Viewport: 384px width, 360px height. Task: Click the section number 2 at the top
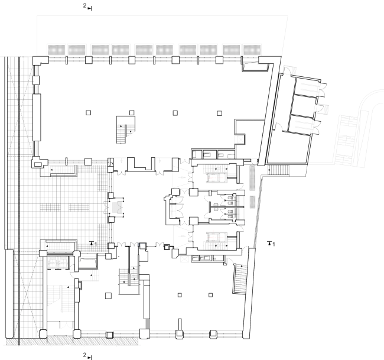click(x=84, y=6)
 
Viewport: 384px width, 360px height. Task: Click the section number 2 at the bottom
click(x=84, y=355)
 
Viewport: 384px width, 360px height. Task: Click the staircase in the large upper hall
click(x=125, y=129)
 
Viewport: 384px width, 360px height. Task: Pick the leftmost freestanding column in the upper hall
click(x=89, y=112)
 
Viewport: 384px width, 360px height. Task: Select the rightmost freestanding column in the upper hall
click(x=219, y=113)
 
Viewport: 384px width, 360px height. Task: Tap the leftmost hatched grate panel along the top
click(x=57, y=50)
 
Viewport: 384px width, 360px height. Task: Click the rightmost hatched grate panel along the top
click(x=252, y=50)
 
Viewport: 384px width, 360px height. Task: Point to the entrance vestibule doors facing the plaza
click(x=116, y=207)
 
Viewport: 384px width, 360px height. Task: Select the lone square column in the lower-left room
click(x=108, y=296)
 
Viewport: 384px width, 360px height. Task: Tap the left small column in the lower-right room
click(x=180, y=295)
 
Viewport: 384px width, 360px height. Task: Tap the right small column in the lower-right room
click(x=211, y=295)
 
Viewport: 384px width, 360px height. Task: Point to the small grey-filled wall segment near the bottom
click(x=148, y=324)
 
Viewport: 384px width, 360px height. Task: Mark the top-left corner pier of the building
click(x=41, y=60)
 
